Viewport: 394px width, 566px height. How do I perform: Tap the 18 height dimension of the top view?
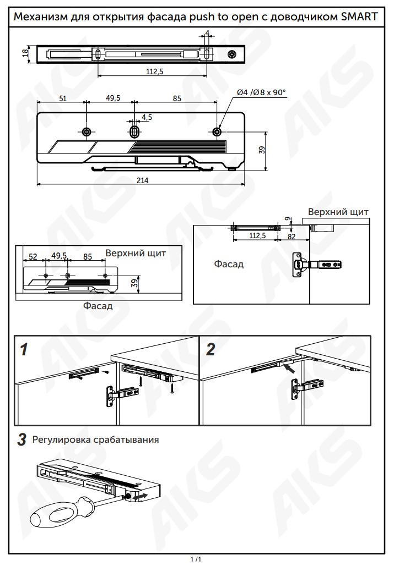point(25,53)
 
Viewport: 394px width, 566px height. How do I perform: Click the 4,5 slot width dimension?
point(147,117)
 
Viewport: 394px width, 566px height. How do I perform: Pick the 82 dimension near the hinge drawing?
point(292,236)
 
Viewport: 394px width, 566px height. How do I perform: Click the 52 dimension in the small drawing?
point(33,256)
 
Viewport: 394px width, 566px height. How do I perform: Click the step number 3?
point(22,440)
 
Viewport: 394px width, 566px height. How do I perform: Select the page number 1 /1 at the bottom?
point(196,559)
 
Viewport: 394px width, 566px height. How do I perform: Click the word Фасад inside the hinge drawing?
point(229,264)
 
